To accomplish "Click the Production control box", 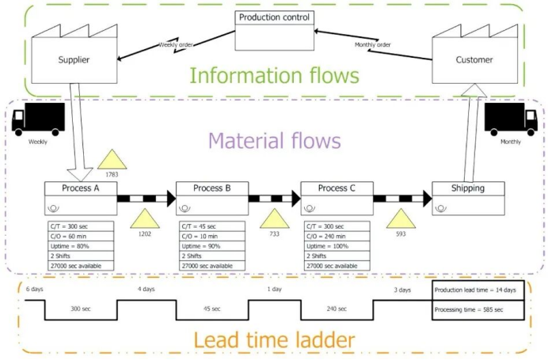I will [275, 17].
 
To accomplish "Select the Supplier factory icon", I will [74, 56].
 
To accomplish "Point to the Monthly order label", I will [372, 44].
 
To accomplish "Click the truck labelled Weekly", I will [38, 120].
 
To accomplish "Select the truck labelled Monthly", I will [511, 120].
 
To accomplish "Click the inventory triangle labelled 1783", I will [112, 160].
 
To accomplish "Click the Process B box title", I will [212, 188].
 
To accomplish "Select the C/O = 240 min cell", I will [337, 236].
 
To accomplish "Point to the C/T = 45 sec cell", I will [212, 226].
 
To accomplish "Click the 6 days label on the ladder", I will [34, 290].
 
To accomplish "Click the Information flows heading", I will [274, 77].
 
